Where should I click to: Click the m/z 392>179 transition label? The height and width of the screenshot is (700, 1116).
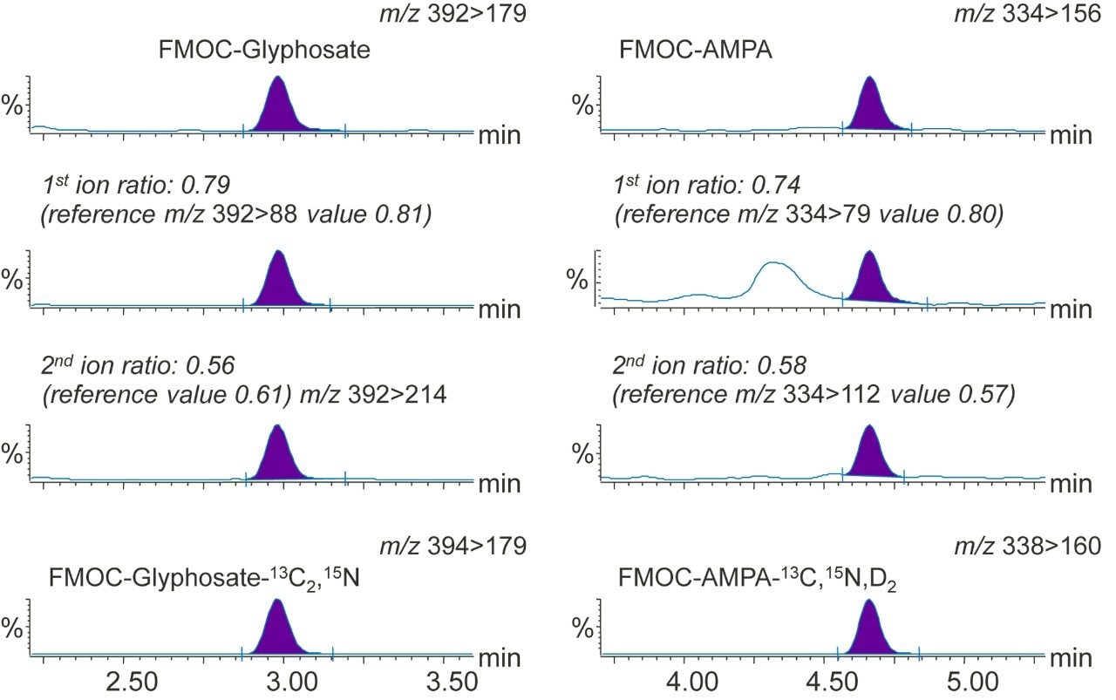[453, 14]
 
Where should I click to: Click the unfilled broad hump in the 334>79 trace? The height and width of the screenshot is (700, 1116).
[774, 277]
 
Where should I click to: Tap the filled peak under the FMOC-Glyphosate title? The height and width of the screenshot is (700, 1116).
[278, 109]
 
